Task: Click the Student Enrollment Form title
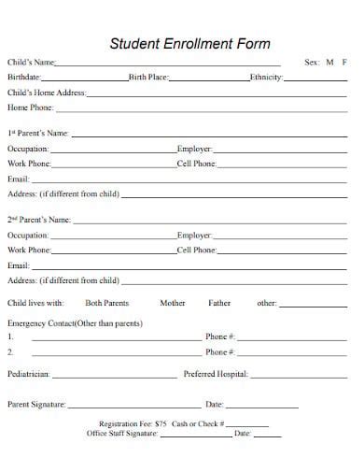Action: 190,43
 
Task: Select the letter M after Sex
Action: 329,63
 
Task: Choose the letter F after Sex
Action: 344,63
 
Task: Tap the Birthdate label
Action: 24,78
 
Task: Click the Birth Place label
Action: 149,78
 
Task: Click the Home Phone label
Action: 31,107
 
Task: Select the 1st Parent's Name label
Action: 38,134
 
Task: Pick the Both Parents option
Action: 106,303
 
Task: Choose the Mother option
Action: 173,303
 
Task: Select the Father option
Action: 219,303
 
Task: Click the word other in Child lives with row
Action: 267,303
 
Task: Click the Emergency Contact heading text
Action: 75,322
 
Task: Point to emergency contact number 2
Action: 10,352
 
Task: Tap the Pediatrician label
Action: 29,374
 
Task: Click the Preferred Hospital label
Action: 216,374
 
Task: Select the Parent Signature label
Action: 36,405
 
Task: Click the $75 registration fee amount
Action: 161,424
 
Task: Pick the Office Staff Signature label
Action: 121,434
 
